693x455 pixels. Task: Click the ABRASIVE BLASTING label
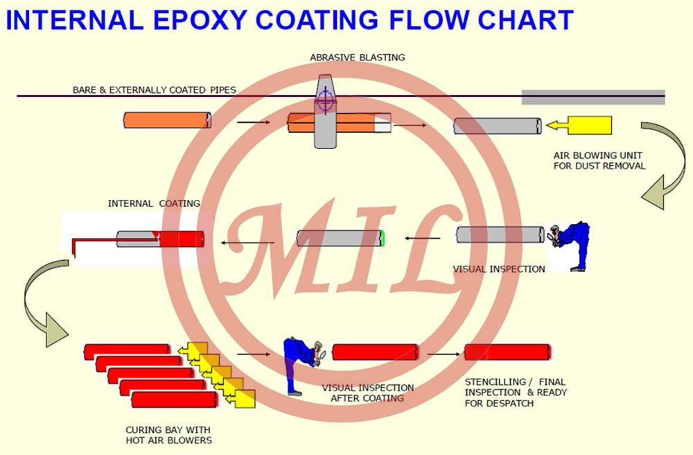357,58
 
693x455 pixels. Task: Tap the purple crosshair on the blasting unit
325,102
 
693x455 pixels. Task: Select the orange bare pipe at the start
167,121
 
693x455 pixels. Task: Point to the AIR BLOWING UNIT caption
599,161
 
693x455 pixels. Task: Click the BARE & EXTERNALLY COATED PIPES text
154,90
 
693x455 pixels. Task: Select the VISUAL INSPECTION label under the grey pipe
499,269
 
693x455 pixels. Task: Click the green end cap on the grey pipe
382,239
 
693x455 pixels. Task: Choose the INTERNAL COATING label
154,204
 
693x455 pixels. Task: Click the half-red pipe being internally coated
161,239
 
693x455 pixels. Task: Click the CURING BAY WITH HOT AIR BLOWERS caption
169,435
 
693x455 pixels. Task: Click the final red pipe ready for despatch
507,352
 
